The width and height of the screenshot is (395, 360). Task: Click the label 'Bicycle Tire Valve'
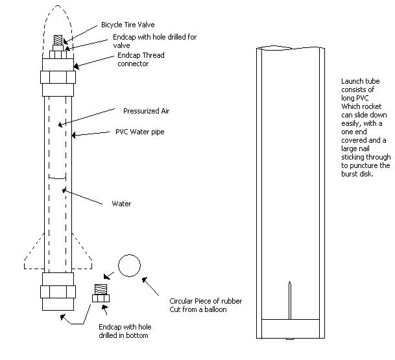tap(128, 25)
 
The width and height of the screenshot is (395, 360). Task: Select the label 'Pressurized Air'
tap(146, 111)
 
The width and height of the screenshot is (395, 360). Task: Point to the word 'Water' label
tap(121, 204)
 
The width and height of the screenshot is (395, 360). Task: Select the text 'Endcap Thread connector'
tap(139, 60)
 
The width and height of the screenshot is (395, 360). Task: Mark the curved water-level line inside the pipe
tap(59, 176)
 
